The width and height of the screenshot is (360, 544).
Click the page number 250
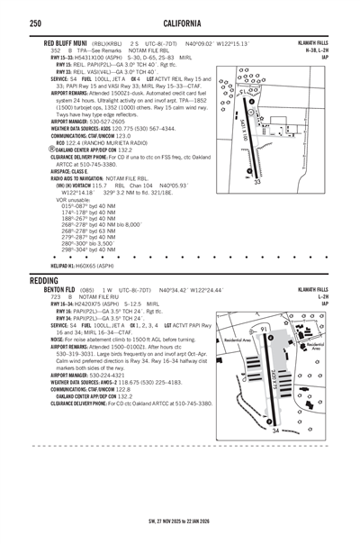tap(34, 23)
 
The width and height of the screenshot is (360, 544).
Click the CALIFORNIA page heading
tap(179, 23)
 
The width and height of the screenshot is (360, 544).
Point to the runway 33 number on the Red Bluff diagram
tap(257, 182)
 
